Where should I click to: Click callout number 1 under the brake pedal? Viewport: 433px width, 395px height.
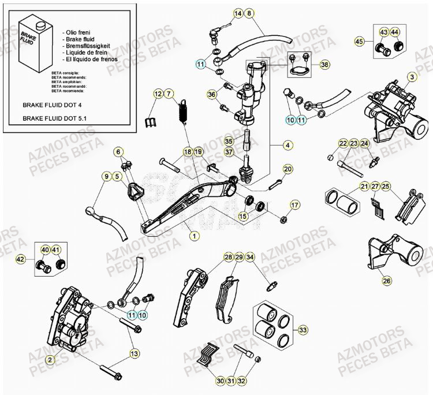coord(195,236)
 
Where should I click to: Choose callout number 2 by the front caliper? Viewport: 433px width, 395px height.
coord(50,360)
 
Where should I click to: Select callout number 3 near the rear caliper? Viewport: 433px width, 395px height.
coord(412,77)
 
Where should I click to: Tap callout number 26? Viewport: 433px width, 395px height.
coord(386,281)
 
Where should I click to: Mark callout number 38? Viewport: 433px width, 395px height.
coord(324,65)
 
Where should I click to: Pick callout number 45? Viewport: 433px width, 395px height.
coord(359,41)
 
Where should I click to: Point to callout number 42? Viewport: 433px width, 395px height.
coord(20,260)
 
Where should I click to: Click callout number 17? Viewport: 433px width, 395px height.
coord(294,205)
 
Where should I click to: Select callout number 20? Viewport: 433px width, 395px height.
coord(288,169)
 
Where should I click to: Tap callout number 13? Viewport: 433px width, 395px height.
coord(133,353)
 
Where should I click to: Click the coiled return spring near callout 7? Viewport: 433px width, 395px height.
coord(184,110)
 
